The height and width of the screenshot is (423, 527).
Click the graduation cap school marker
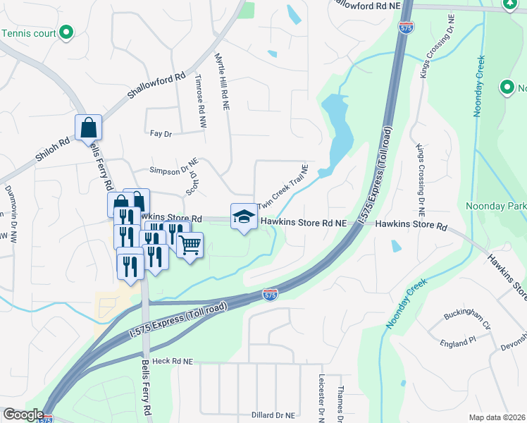point(244,216)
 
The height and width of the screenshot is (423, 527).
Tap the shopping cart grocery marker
point(190,246)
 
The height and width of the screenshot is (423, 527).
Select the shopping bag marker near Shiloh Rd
point(89,128)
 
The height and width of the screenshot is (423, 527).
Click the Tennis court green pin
point(66,32)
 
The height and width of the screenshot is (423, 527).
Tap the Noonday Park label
point(496,206)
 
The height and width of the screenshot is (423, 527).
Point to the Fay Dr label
point(161,133)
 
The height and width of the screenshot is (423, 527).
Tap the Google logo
point(23,415)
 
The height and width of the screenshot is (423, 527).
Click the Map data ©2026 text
point(497,417)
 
